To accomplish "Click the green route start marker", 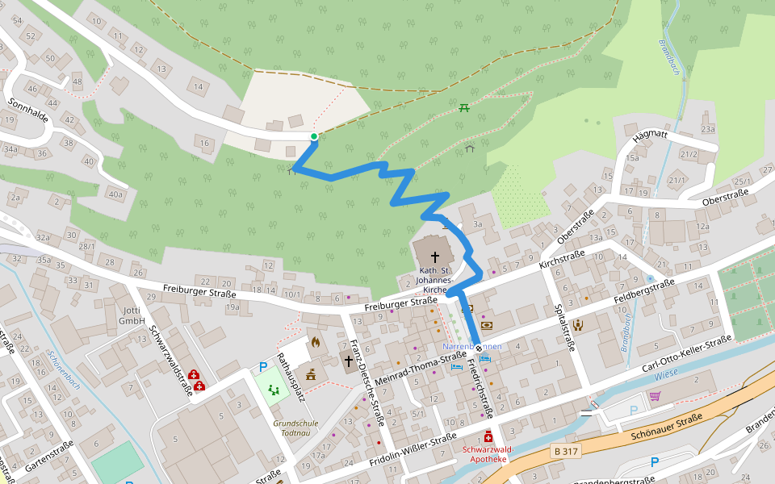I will point(314,136).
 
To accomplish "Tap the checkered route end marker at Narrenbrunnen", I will point(479,348).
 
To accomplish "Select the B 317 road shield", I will point(566,452).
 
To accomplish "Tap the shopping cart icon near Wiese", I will point(655,396).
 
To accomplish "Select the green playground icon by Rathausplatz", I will point(274,390).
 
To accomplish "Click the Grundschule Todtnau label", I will point(295,428).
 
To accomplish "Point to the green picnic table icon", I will point(464,107).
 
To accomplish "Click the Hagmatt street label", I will point(651,139).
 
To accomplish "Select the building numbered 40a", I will point(116,194).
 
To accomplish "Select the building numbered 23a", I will point(708,129).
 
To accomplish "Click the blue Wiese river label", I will point(666,374).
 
